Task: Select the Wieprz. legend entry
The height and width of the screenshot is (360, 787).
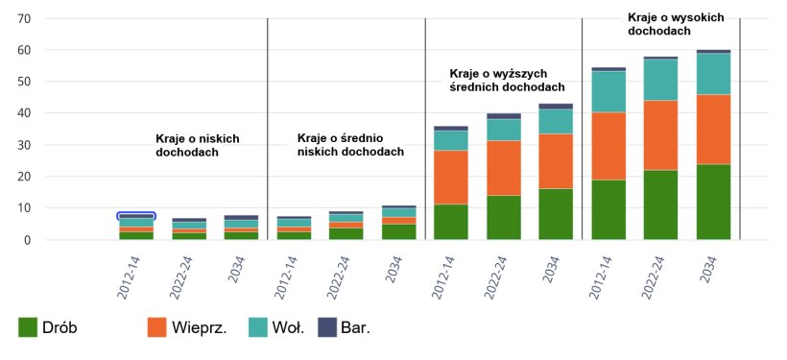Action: [187, 328]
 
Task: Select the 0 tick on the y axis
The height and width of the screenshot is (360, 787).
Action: [29, 240]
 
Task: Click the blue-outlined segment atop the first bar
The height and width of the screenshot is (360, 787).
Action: [136, 216]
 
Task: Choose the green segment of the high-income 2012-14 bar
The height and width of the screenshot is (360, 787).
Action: [608, 209]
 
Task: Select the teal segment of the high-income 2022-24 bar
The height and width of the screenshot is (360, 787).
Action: [660, 80]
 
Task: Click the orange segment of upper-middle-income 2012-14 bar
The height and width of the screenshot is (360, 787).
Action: [451, 177]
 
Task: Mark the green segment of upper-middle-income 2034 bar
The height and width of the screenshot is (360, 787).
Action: [556, 213]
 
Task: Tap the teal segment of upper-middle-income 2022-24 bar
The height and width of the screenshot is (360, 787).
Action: [503, 130]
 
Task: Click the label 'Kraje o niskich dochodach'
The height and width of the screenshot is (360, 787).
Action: [197, 145]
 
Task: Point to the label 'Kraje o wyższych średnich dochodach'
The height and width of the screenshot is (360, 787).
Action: [505, 80]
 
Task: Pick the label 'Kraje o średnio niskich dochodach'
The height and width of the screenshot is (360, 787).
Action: [350, 144]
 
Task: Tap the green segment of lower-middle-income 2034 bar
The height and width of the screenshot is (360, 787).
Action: [398, 231]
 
